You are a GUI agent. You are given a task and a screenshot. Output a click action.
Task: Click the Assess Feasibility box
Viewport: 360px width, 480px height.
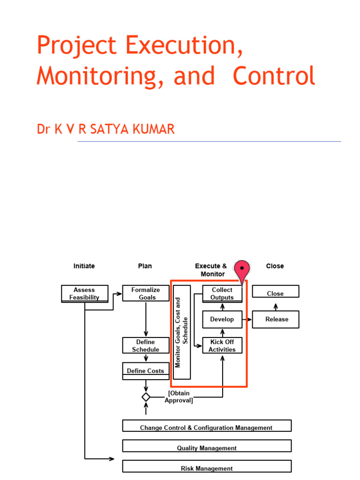84,293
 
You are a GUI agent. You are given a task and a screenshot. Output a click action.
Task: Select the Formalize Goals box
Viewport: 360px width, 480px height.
146,293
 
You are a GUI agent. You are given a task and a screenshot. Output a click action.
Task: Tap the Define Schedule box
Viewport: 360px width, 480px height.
146,345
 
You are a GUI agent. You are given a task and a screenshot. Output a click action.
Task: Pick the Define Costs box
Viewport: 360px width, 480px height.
146,370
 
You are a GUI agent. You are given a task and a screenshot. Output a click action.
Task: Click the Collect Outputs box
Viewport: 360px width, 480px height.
222,293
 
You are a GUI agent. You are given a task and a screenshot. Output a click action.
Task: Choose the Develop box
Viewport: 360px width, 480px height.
222,319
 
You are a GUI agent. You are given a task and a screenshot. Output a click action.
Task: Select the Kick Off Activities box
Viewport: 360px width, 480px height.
222,345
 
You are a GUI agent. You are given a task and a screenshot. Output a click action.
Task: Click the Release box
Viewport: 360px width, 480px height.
276,319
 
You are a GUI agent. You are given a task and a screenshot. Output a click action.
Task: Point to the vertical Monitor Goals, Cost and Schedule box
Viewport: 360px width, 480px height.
182,332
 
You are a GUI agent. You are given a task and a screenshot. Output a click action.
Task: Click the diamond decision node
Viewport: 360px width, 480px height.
146,397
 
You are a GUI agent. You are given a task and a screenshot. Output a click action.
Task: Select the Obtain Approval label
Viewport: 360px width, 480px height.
179,397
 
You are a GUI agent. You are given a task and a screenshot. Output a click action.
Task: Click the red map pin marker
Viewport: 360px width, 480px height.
242,270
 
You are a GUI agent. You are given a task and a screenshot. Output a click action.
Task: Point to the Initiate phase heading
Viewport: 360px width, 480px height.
84,266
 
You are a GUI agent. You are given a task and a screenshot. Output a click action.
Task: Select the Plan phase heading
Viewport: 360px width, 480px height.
145,266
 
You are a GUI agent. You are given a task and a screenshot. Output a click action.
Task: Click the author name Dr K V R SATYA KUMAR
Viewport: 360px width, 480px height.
105,129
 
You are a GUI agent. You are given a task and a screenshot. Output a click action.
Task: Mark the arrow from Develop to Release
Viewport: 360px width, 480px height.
247,319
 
